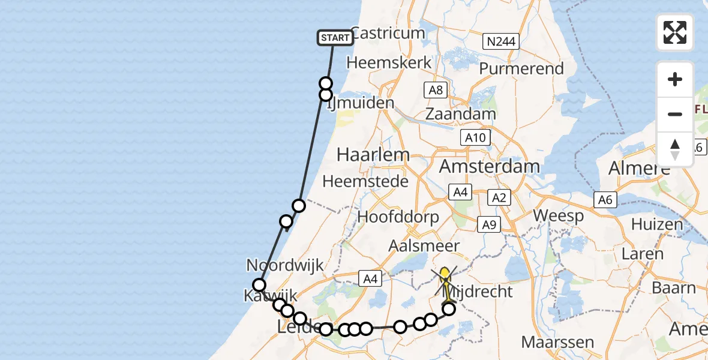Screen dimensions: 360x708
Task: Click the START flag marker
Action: (335, 38)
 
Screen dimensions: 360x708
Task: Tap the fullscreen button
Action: (675, 32)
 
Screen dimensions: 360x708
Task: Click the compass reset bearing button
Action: (675, 149)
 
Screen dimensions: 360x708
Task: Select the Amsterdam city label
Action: (490, 166)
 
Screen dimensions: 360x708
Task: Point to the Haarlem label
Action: (373, 154)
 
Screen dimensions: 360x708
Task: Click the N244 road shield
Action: (500, 41)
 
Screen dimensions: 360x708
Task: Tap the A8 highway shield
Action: (436, 90)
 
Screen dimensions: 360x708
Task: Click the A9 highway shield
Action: (489, 224)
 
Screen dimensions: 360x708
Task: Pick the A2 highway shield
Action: (499, 197)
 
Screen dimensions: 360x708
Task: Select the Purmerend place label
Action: (521, 68)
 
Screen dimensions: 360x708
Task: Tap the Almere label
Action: (638, 169)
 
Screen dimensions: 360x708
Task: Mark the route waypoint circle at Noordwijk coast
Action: (259, 285)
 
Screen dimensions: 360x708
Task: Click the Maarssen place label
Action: (552, 343)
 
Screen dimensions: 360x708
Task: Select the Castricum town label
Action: (387, 33)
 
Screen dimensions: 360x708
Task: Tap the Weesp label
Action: (558, 216)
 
